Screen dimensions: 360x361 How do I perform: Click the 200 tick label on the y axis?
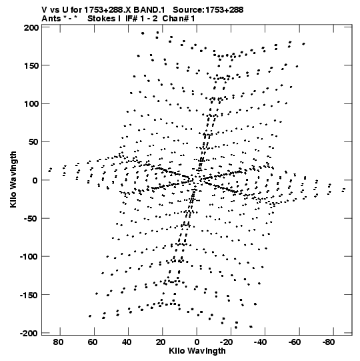point(31,27)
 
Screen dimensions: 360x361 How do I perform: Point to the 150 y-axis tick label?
point(31,66)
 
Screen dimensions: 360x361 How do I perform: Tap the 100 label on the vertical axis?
point(31,104)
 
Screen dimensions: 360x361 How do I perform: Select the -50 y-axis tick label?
point(31,218)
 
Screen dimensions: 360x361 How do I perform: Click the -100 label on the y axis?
point(29,257)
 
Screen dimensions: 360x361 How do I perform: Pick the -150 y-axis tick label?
point(29,295)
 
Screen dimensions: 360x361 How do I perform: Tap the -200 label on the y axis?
point(29,333)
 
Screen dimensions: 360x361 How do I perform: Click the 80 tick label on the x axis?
point(58,342)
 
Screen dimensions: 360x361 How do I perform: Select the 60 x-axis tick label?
point(92,342)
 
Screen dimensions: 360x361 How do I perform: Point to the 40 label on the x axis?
point(126,342)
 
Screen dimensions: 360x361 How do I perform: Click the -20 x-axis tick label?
point(225,342)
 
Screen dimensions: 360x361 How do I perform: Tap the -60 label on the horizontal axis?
point(294,342)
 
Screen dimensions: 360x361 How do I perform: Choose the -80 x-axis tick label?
point(328,342)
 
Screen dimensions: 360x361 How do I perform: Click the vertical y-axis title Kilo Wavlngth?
point(13,179)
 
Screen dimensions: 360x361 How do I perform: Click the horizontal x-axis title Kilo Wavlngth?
point(197,352)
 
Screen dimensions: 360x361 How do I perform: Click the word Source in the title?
point(188,10)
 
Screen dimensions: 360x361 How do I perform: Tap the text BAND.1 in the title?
point(149,10)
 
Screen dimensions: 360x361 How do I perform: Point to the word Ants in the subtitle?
point(51,19)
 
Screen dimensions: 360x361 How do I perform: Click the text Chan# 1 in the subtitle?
point(179,19)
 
